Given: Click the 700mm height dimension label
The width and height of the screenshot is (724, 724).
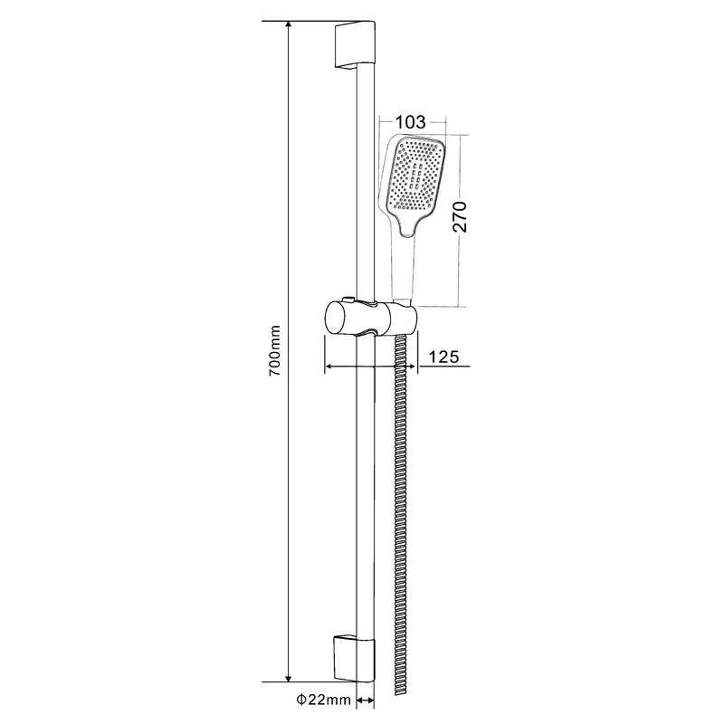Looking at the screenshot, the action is [274, 350].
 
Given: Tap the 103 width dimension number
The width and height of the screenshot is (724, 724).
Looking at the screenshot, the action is [411, 122].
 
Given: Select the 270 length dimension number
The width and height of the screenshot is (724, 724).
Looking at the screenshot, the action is [460, 217].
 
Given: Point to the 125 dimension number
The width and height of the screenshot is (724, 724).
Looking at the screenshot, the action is [444, 357].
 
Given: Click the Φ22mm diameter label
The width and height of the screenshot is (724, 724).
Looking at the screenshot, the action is [324, 700].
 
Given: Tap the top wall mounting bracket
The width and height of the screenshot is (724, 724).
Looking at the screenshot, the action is [355, 45].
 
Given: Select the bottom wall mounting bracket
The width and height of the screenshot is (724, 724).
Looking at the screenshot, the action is [355, 659].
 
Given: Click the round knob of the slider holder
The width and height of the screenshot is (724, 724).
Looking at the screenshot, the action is [340, 318].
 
